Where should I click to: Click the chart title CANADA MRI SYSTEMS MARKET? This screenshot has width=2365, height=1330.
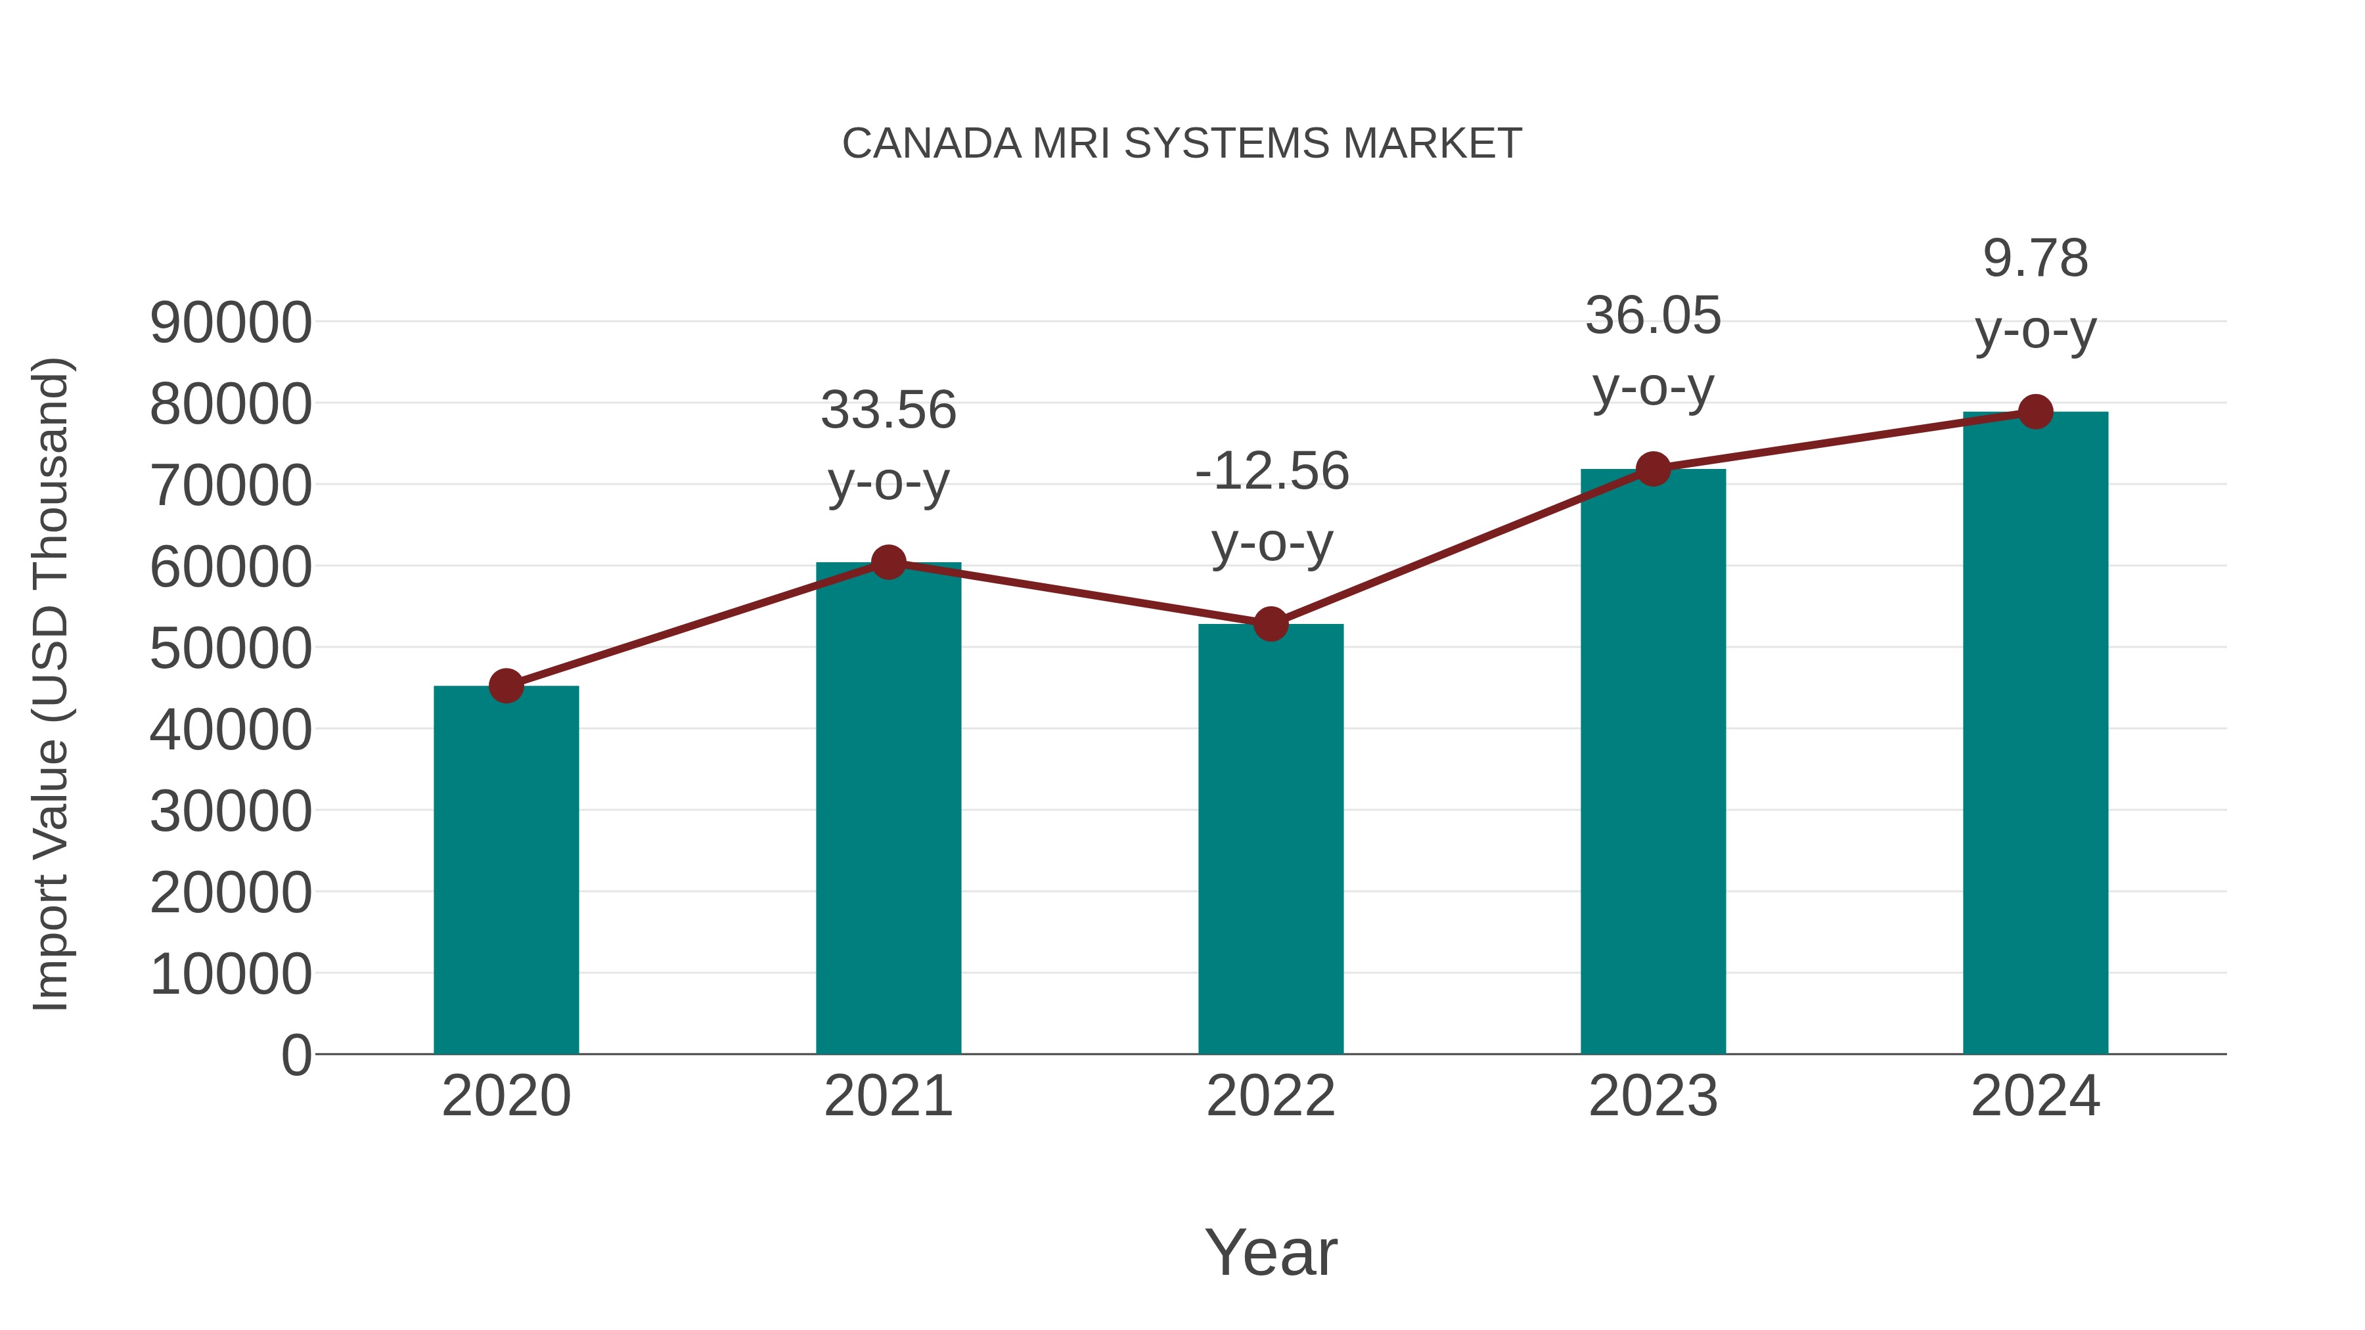(x=1182, y=144)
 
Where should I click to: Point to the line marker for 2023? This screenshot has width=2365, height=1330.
(x=1653, y=469)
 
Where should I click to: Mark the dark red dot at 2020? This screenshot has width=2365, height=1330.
(x=506, y=685)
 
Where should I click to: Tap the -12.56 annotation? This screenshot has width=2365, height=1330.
(x=1272, y=472)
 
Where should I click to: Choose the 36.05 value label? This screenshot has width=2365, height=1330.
(x=1653, y=317)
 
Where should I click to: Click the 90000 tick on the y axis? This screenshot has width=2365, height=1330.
(x=231, y=323)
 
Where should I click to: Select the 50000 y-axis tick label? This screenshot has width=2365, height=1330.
(x=231, y=649)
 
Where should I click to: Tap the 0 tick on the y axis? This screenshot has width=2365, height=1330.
(x=296, y=1055)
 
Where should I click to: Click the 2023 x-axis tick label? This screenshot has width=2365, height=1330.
(x=1653, y=1096)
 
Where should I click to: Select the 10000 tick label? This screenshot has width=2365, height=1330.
(x=231, y=974)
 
